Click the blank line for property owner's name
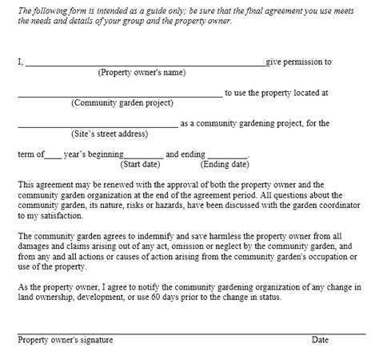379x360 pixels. [145, 63]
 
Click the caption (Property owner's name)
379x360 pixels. [142, 73]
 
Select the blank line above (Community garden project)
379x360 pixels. [120, 94]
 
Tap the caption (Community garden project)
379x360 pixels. [120, 103]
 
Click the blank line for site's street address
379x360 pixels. [98, 126]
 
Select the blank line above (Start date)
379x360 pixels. [144, 156]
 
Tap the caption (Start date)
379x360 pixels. [143, 165]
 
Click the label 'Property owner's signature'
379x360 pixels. [66, 340]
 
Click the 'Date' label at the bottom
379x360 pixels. [320, 340]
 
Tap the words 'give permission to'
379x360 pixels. [298, 62]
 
